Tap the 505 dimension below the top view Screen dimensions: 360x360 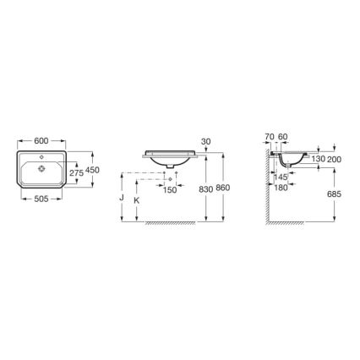coord(41,203)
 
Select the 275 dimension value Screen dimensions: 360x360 coord(75,173)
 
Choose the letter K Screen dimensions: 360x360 coord(137,200)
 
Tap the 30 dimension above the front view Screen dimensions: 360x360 coord(205,141)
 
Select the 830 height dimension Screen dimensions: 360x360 coord(205,190)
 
